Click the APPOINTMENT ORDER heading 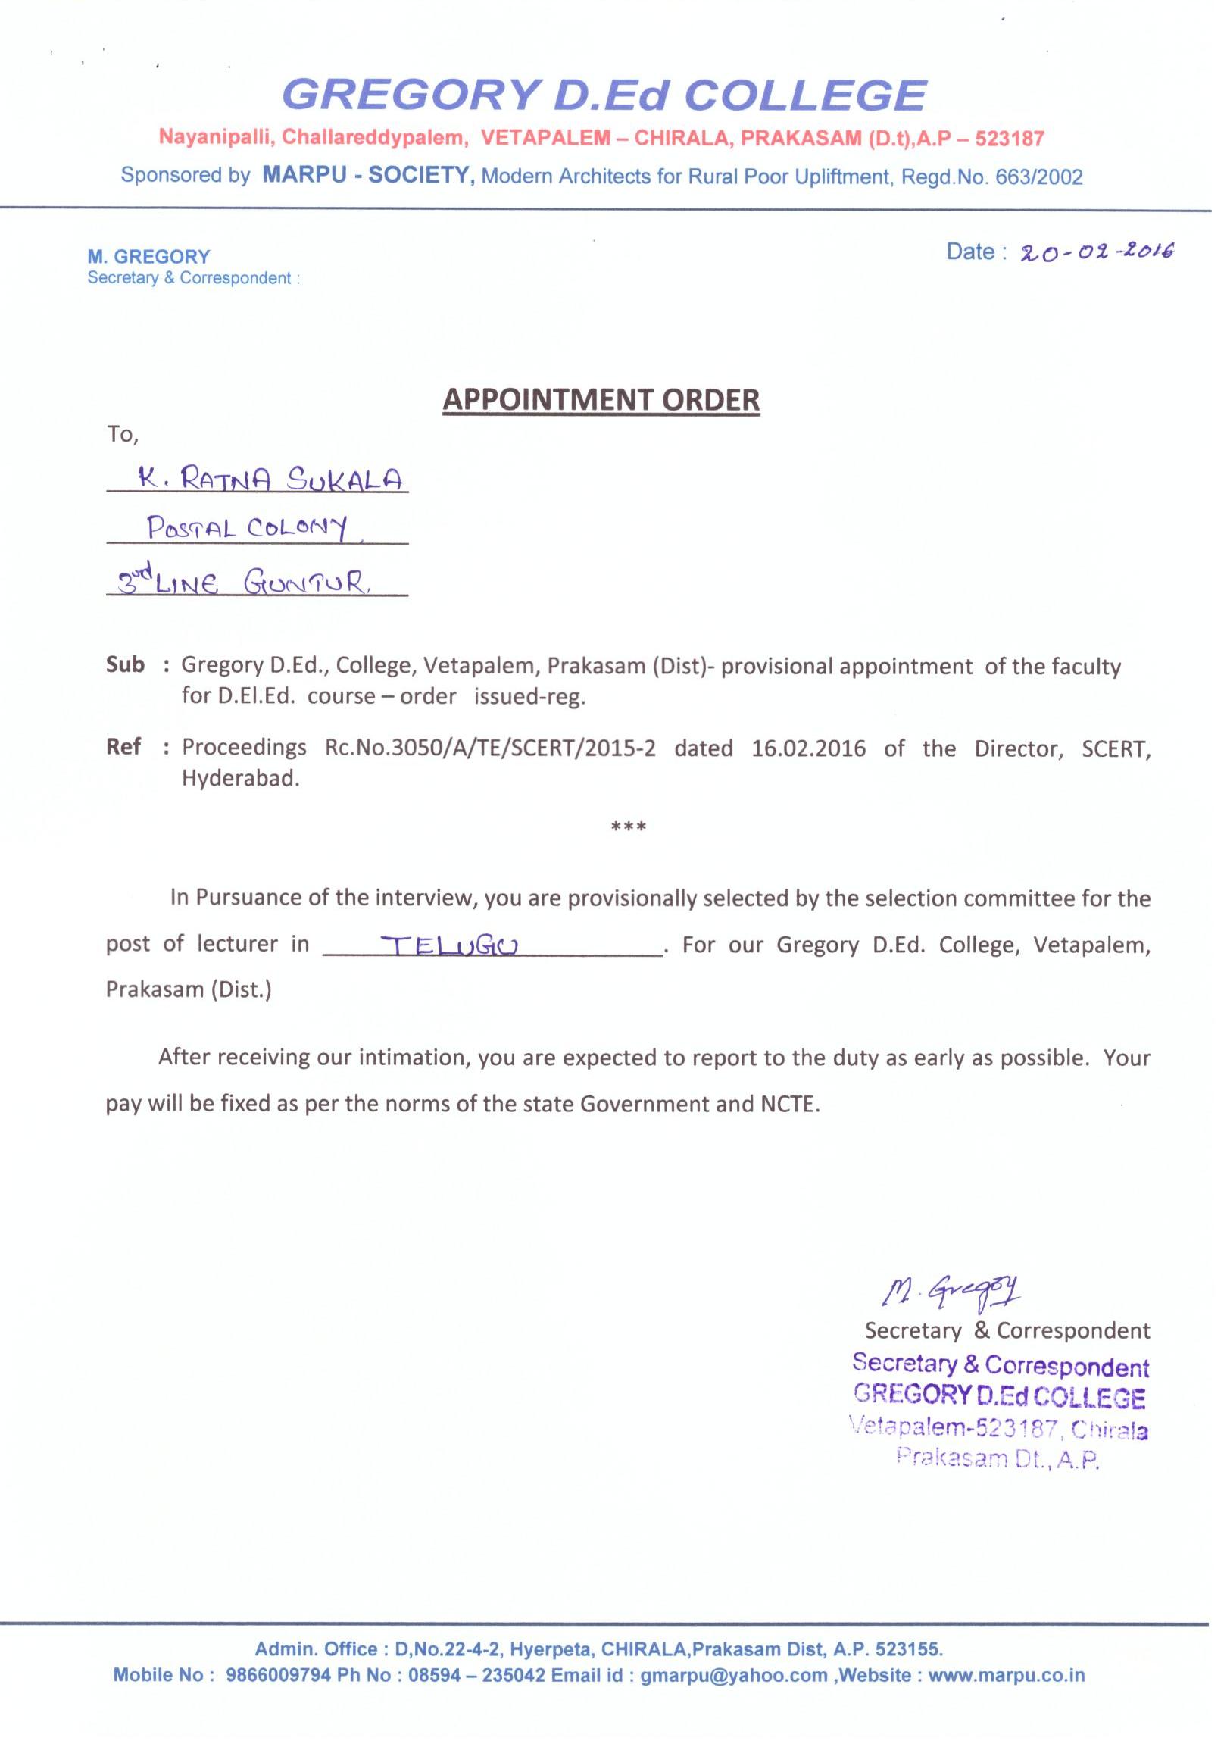point(601,400)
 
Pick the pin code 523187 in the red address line point(1009,138)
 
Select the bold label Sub point(125,665)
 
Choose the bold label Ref point(123,747)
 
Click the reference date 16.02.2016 point(808,748)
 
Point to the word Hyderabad point(240,779)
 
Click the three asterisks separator point(629,827)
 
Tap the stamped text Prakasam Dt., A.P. point(998,1458)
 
